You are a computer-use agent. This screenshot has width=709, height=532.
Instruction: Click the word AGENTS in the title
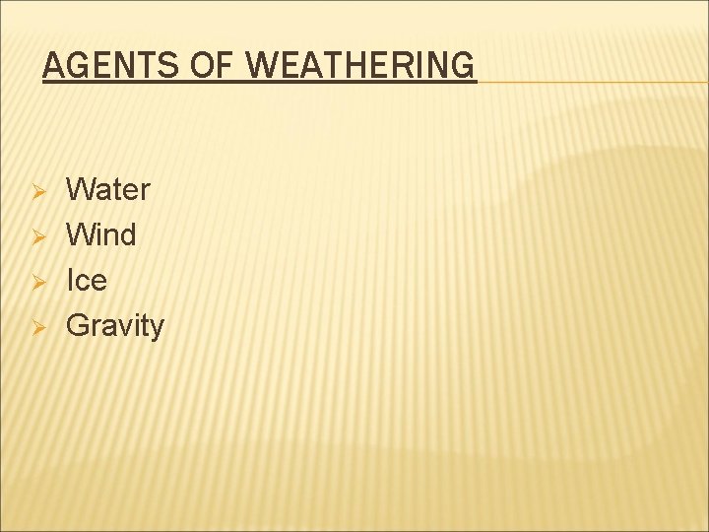tap(107, 66)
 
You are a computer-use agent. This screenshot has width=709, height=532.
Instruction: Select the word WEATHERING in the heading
tap(359, 66)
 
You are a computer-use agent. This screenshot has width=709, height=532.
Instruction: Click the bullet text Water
tap(107, 189)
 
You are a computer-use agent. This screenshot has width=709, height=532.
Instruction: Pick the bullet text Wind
tap(100, 234)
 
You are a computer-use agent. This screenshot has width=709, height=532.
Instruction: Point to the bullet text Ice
tap(86, 281)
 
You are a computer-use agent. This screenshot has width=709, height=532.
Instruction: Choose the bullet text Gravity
tap(114, 326)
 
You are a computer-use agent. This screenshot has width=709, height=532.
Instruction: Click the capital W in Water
tap(79, 189)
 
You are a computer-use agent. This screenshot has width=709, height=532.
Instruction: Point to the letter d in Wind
tap(128, 234)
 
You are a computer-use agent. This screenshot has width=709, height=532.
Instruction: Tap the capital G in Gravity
tap(77, 326)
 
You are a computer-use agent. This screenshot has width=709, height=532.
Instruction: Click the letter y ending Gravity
tap(157, 329)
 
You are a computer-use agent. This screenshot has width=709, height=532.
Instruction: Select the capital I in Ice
tap(69, 281)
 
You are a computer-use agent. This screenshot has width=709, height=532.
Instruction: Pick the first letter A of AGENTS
tap(53, 66)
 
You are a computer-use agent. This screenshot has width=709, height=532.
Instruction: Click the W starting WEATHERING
tap(260, 66)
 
